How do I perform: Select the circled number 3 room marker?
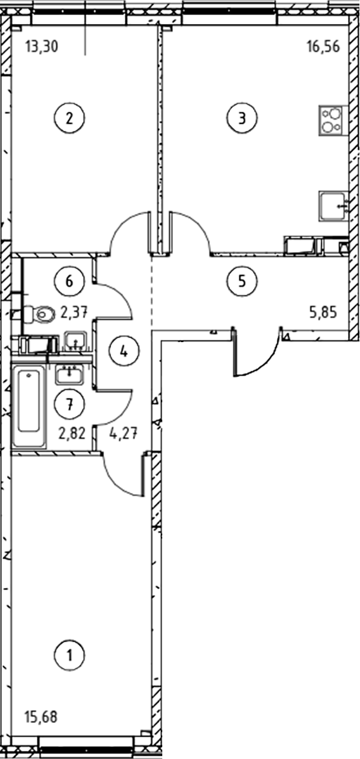pyautogui.click(x=242, y=118)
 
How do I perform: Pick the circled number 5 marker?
pyautogui.click(x=242, y=280)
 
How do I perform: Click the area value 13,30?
pyautogui.click(x=41, y=47)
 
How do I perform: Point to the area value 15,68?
pyautogui.click(x=41, y=717)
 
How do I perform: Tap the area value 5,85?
pyautogui.click(x=324, y=312)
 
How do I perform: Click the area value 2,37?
pyautogui.click(x=74, y=313)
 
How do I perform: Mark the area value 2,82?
pyautogui.click(x=72, y=432)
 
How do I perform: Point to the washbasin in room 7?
pyautogui.click(x=70, y=374)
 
